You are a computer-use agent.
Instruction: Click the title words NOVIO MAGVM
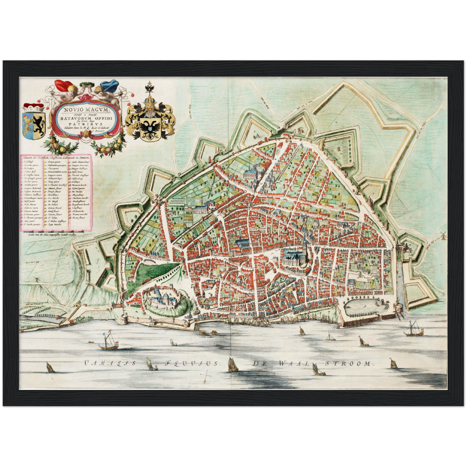[x=86, y=110]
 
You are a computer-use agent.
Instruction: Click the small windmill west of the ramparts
[x=36, y=280]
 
